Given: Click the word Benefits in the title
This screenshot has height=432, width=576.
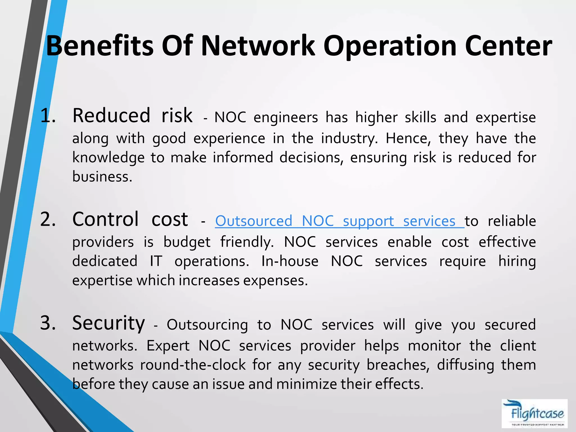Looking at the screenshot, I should pyautogui.click(x=100, y=46).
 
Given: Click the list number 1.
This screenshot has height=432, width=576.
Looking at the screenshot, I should pyautogui.click(x=48, y=116).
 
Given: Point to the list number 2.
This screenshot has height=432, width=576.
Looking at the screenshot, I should pyautogui.click(x=48, y=219).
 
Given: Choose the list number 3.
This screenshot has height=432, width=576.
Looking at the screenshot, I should pyautogui.click(x=48, y=323).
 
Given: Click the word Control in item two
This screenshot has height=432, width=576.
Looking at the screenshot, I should pyautogui.click(x=105, y=219).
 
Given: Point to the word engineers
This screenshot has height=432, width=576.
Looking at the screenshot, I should pyautogui.click(x=286, y=117).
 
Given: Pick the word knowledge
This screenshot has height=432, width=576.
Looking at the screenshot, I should pyautogui.click(x=109, y=157).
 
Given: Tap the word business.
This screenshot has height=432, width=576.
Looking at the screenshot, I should pyautogui.click(x=102, y=177).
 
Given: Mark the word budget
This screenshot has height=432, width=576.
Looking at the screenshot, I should pyautogui.click(x=187, y=242).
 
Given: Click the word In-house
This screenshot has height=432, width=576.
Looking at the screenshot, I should pyautogui.click(x=290, y=261).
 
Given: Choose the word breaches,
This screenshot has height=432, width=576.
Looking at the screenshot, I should pyautogui.click(x=398, y=365).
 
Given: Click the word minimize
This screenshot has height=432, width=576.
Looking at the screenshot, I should pyautogui.click(x=307, y=384).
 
